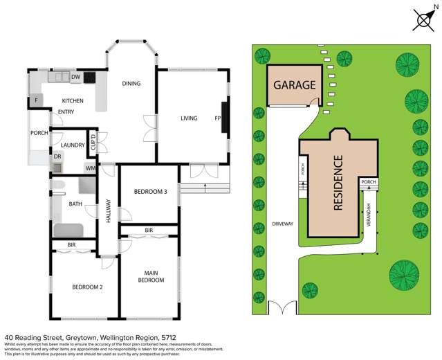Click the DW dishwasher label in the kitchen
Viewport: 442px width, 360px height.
(x=77, y=77)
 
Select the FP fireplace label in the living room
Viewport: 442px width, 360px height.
(x=217, y=118)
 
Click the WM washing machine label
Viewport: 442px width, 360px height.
(x=91, y=168)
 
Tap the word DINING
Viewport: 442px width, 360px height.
(x=131, y=84)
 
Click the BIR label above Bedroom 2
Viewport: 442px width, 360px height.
(x=71, y=245)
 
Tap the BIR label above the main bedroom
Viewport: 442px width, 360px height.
(x=149, y=230)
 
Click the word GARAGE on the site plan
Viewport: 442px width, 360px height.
(x=295, y=86)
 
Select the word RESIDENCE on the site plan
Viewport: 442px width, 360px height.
(x=338, y=183)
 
